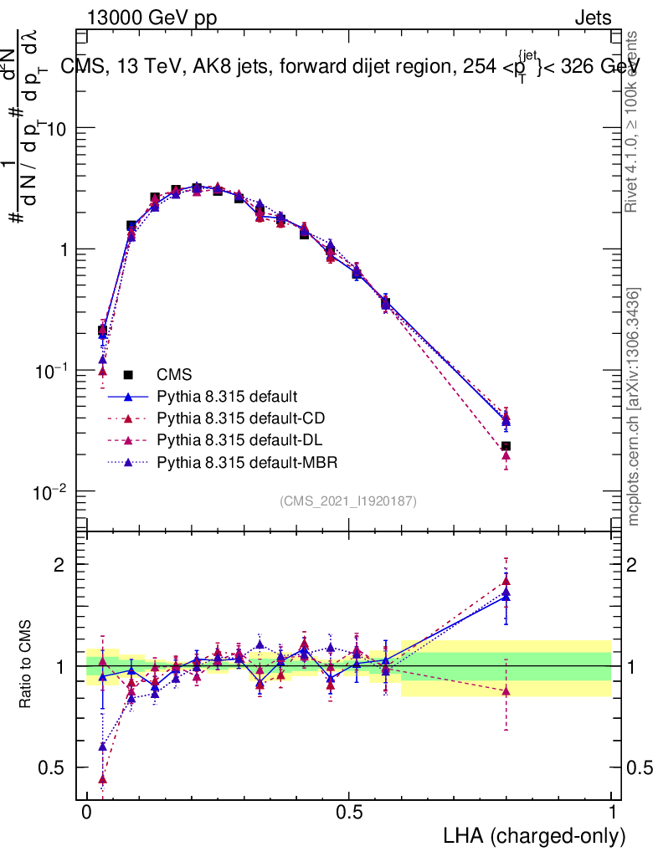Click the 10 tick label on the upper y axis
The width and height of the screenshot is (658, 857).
(x=57, y=129)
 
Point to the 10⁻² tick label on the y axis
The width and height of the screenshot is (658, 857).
(x=52, y=492)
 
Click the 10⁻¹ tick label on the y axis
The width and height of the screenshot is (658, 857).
(x=52, y=371)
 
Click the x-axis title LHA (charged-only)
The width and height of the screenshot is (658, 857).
(x=534, y=836)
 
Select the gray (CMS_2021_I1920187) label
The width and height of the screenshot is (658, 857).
(x=348, y=500)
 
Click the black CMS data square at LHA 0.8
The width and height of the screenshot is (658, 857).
(x=506, y=447)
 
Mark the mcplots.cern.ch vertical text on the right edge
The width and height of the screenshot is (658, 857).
(x=635, y=408)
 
